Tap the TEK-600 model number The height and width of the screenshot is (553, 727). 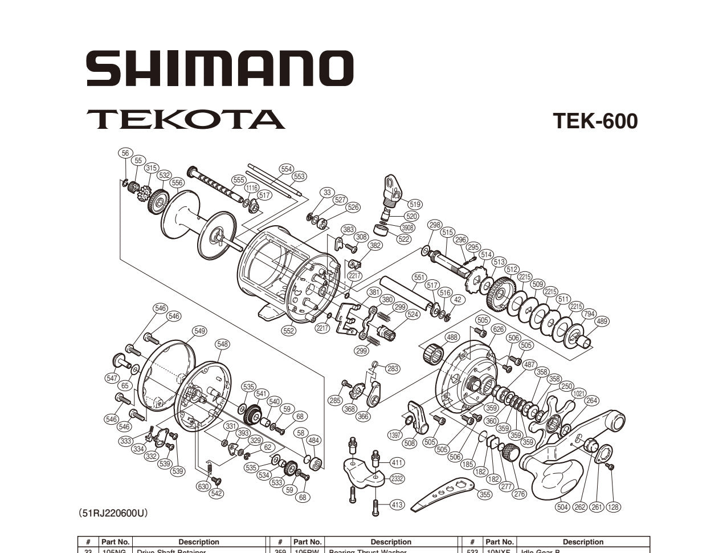pos(595,121)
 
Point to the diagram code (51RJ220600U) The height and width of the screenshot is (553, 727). pos(113,514)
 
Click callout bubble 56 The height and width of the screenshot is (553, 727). pos(125,153)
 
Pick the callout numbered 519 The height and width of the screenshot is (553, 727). pos(414,204)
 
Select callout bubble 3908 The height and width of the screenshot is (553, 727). pos(407,227)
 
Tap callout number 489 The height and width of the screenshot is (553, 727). pos(602,322)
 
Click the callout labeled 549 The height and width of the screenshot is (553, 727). pos(199,331)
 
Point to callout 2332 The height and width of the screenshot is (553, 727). pos(397,478)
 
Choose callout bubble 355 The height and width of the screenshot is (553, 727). pos(484,494)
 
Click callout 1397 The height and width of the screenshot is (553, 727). pos(394,435)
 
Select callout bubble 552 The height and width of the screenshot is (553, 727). pos(289,331)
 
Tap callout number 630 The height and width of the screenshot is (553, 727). pos(203,486)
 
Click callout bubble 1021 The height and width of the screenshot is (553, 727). pos(579,393)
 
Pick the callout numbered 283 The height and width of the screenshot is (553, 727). pos(393,368)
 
